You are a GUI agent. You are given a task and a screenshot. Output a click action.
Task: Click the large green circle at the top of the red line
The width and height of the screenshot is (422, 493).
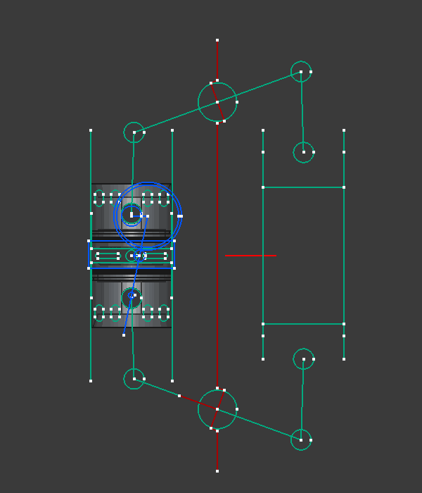coord(217,102)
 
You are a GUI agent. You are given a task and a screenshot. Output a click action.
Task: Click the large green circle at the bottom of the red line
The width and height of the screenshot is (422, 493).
coord(217,409)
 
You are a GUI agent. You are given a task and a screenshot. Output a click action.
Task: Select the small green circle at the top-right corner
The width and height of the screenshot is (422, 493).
coord(301,72)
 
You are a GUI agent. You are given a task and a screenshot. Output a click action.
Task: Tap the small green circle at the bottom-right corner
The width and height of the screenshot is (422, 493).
coord(301,440)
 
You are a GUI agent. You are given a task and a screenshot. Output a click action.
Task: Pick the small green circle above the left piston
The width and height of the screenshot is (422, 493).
coord(134,132)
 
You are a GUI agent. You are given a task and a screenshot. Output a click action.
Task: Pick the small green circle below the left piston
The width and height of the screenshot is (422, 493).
coord(134,379)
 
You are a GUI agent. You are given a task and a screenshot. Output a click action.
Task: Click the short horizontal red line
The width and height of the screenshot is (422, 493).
coord(250,255)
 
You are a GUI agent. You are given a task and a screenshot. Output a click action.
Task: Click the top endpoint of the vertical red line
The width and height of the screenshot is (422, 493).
coord(217,40)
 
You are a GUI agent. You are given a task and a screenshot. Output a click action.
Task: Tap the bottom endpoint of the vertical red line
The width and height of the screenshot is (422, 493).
coord(217,470)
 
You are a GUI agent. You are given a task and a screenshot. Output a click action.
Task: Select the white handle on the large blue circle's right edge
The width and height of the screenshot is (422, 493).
coord(180,216)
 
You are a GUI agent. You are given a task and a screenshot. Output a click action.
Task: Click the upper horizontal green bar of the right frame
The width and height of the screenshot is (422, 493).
coord(303,187)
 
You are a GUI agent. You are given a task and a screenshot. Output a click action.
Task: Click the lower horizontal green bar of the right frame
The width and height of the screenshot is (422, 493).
coord(303,324)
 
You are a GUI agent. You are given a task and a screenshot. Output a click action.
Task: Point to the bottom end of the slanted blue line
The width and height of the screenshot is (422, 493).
coord(124,335)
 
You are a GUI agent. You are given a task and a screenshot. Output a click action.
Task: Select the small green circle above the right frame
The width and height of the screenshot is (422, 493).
coord(303,152)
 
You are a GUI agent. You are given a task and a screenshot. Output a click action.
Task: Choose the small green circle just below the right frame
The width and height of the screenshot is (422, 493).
coord(303,359)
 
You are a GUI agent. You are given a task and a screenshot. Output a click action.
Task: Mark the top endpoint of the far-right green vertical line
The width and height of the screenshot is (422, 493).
coord(344,130)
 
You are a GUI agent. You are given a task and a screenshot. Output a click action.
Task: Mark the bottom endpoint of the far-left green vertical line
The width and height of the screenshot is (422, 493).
coord(91,381)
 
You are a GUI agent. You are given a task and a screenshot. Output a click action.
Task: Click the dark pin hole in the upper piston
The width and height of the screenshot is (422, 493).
coord(131,214)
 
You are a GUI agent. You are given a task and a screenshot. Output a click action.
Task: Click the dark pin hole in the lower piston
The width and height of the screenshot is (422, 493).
coord(131,297)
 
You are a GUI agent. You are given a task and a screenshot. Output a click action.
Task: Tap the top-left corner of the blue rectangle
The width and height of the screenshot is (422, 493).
coord(89,242)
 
